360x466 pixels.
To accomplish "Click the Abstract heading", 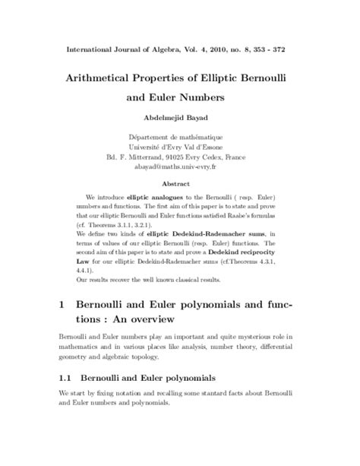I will (180, 184).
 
